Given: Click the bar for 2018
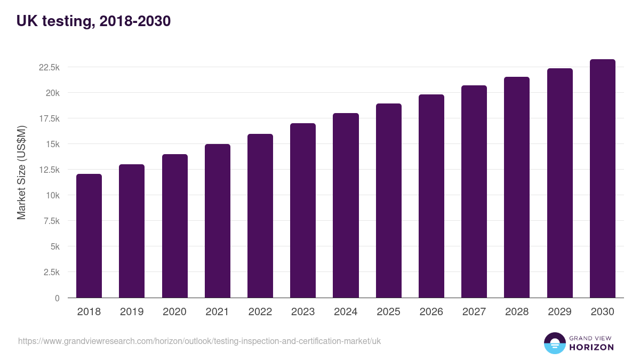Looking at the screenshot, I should point(89,236).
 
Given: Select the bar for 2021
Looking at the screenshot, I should point(218,221).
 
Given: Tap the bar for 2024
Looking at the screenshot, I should point(346,205).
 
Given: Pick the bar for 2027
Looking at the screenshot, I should point(474,191).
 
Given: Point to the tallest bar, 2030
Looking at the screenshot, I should point(602,178).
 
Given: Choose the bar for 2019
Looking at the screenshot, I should point(132,231).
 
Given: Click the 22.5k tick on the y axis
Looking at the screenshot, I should point(49,67).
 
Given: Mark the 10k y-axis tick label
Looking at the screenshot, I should point(52,195).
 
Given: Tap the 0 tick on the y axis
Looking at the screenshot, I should point(58,298).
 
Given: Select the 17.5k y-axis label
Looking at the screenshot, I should point(49,118).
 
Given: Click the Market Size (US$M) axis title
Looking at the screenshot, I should point(21,173).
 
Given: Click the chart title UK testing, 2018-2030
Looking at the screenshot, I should point(94,21).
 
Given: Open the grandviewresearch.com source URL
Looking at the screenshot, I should point(199,341).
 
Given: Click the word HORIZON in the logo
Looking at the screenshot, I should point(591,347).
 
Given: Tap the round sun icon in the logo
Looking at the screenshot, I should point(555,343).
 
